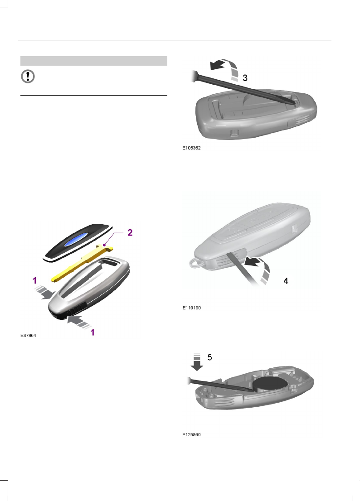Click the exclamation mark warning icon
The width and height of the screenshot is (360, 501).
coord(28,77)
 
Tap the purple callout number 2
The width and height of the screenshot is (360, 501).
coord(130,232)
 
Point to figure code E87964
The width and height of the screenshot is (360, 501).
coord(28,336)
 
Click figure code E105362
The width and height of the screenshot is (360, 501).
coord(190,147)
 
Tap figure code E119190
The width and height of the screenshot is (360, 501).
coord(190,308)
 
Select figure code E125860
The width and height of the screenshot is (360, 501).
coord(190,434)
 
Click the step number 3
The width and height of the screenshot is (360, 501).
coord(245,78)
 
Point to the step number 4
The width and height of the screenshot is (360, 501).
coord(286,281)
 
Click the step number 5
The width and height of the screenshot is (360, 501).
coord(209,357)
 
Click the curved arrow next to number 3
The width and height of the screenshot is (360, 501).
coord(227,70)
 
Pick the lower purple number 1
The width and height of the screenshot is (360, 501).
coord(92,332)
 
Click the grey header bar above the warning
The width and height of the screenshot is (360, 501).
coord(94,61)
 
